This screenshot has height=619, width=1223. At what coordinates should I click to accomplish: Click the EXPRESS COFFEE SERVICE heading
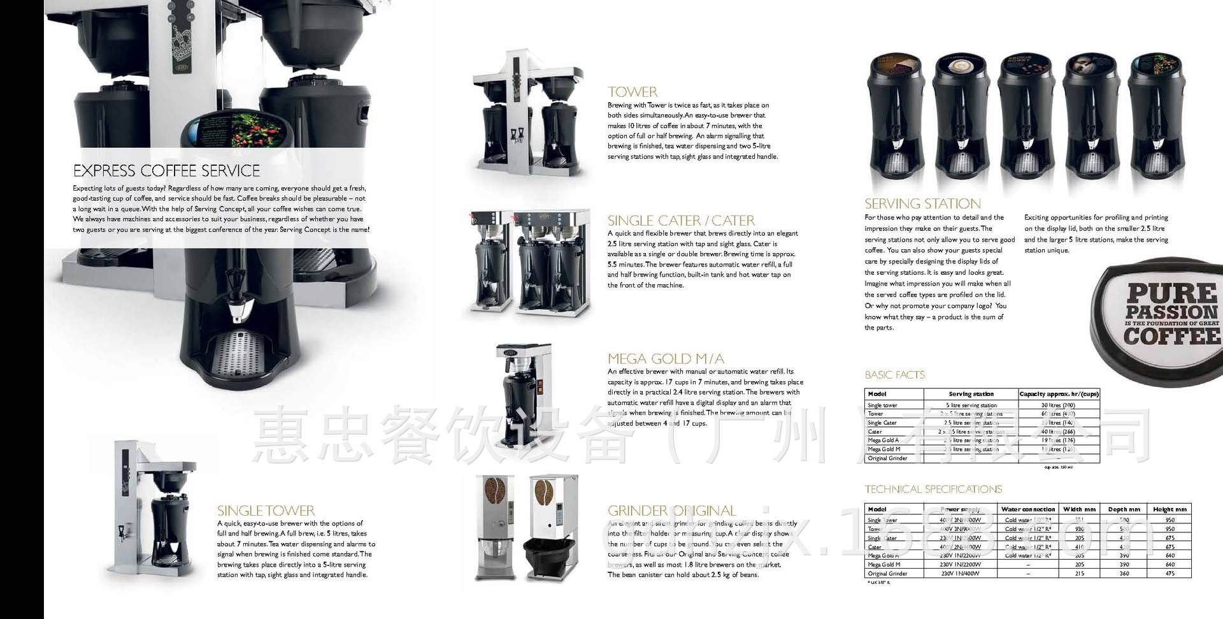coord(166,171)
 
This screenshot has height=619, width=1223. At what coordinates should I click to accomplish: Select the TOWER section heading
coord(632,92)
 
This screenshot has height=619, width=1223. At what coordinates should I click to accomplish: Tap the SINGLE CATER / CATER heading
coord(680,221)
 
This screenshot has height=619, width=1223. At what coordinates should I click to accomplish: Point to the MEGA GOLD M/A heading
coord(665,358)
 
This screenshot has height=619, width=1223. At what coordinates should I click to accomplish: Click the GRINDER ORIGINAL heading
coord(671,511)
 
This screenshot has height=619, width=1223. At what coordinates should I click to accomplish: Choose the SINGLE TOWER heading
coord(266,511)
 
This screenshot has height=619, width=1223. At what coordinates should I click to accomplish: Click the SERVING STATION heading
coord(922,204)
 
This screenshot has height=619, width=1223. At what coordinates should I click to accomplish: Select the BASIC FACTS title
coord(894,375)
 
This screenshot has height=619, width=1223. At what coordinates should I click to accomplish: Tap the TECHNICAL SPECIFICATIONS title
coord(933,490)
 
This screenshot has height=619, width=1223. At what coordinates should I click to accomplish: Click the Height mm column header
coord(1169,509)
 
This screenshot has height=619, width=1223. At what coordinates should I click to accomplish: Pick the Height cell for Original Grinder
coord(1169,573)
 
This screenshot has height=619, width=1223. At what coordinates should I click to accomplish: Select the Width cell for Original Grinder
coord(1079,573)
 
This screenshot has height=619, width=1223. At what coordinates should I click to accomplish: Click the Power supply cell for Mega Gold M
coord(961,564)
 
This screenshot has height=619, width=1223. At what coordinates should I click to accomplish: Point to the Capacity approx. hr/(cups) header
coord(1058,394)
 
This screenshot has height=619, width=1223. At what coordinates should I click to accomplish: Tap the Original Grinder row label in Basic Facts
coord(887,458)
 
